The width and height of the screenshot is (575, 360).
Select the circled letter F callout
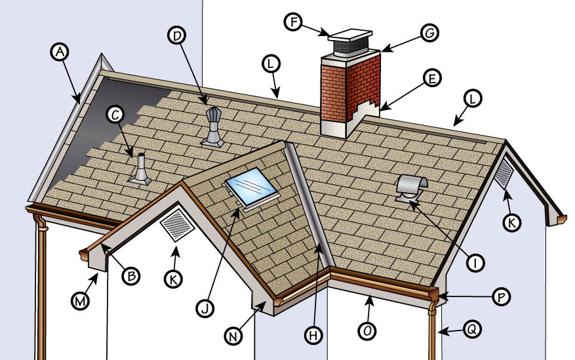point(293,21)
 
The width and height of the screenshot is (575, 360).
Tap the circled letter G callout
point(429,33)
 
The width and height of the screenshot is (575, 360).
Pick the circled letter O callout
point(368,332)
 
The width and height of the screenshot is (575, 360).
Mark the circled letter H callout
point(314,334)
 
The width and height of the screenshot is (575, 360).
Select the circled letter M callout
point(80,302)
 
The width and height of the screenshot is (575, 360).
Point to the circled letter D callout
point(176,37)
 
